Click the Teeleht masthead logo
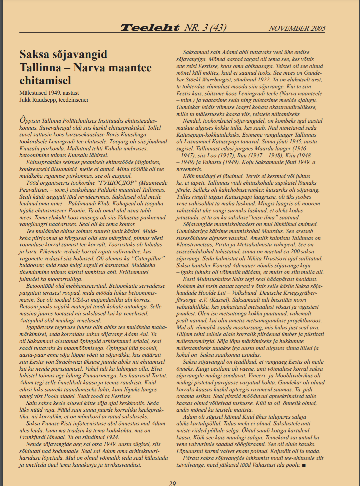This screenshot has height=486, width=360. pyautogui.click(x=150, y=28)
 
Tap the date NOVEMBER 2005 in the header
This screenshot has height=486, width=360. pyautogui.click(x=297, y=28)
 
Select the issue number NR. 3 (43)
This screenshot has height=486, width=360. pyautogui.click(x=205, y=28)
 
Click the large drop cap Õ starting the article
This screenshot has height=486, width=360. pyautogui.click(x=23, y=120)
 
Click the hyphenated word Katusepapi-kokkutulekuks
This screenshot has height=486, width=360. pyautogui.click(x=208, y=135)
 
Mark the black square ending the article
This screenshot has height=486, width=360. pyautogui.click(x=304, y=465)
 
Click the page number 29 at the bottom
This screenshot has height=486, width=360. pyautogui.click(x=172, y=483)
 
